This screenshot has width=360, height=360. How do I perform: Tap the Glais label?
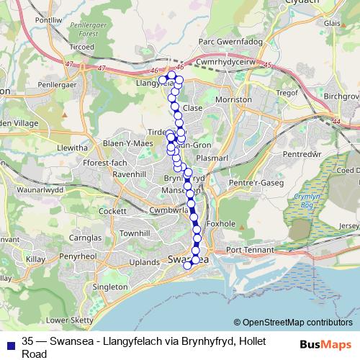(x=332, y=22)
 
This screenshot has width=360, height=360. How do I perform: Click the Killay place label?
(x=34, y=256)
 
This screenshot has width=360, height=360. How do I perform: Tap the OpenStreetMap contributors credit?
(x=297, y=323)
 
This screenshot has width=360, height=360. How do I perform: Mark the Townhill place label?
(x=134, y=234)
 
